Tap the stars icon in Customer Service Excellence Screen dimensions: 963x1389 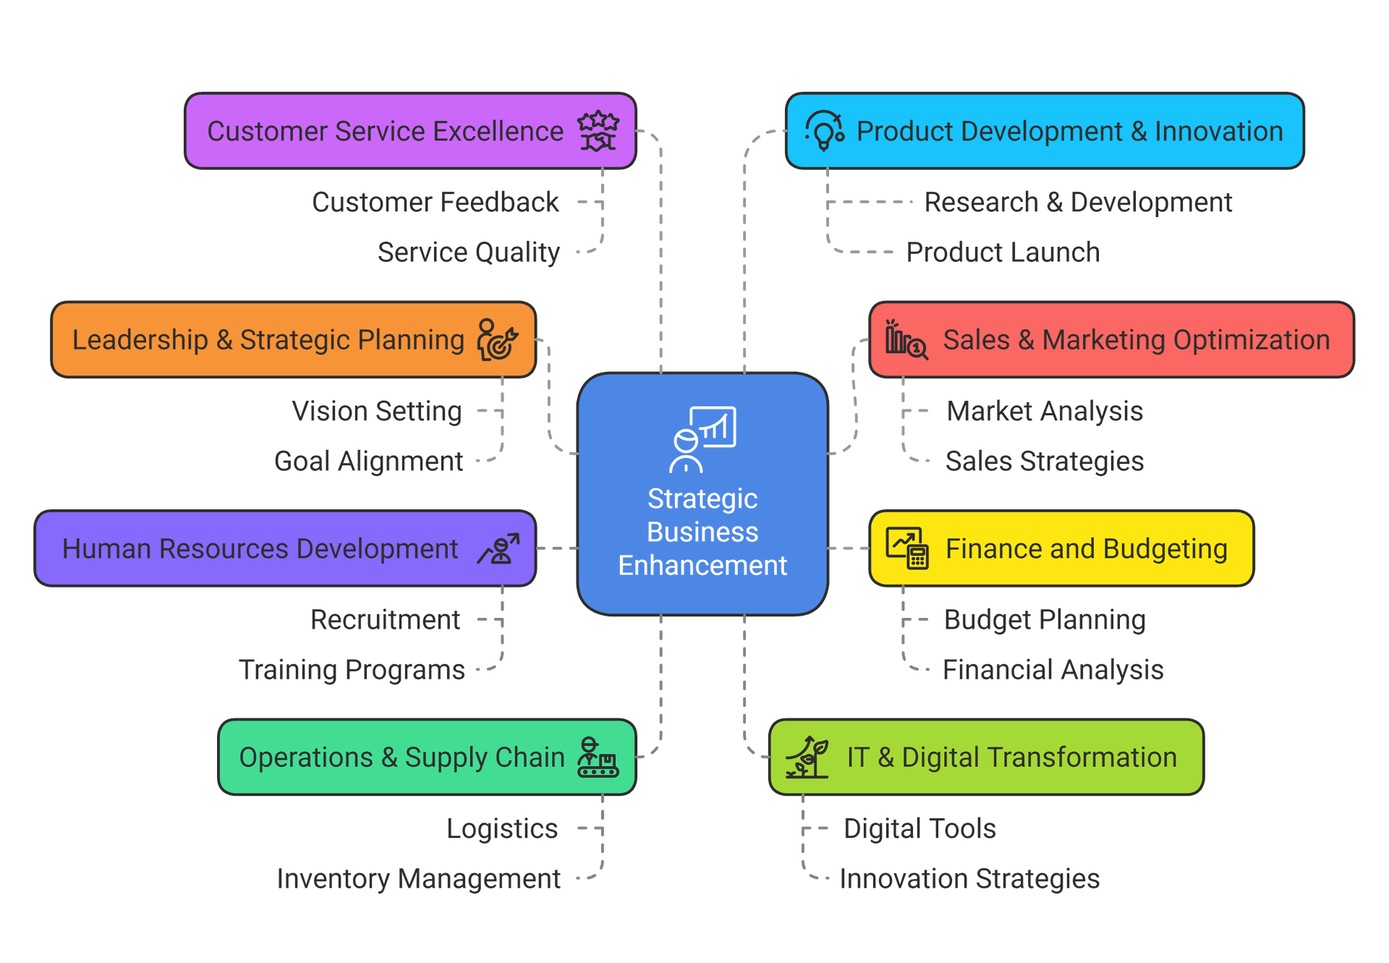click(x=598, y=131)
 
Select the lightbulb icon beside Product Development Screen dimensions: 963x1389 click(x=825, y=131)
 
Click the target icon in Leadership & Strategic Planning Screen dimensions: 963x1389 click(x=498, y=340)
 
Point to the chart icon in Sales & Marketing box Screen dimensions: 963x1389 click(x=906, y=339)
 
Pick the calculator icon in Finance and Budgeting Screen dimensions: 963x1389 click(x=907, y=548)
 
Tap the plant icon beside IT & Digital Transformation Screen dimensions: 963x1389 click(x=807, y=757)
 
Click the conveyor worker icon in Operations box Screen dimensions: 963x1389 click(x=598, y=758)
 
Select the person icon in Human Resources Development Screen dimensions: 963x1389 click(x=498, y=549)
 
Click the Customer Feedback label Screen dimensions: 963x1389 click(x=436, y=203)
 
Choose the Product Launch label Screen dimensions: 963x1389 click(x=1003, y=253)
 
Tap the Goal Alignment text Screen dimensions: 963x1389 click(x=368, y=462)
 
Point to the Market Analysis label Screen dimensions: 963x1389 click(x=1045, y=411)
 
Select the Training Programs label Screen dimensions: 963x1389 click(x=352, y=670)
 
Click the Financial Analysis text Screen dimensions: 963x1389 click(x=1053, y=670)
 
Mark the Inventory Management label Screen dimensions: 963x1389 click(x=418, y=879)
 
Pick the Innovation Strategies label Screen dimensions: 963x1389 click(x=969, y=879)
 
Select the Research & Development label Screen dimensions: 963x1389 click(x=1078, y=203)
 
